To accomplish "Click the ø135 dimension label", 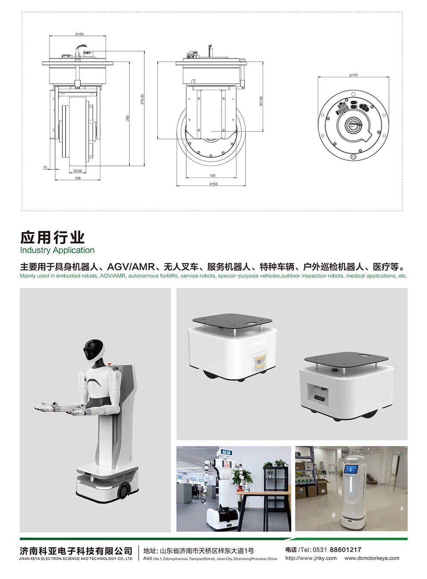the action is (79, 34).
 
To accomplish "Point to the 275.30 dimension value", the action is (142, 99).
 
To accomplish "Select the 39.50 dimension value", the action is (78, 171).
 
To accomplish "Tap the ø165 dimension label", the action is (213, 184).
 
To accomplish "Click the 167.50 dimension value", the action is (261, 101).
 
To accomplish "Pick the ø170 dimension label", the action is (353, 75).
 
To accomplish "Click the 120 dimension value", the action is (212, 175).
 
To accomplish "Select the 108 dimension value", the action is (78, 178).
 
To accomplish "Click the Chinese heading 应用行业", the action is (53, 237).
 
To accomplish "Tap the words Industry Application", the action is (57, 250).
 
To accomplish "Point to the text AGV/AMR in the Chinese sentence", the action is (131, 266).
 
